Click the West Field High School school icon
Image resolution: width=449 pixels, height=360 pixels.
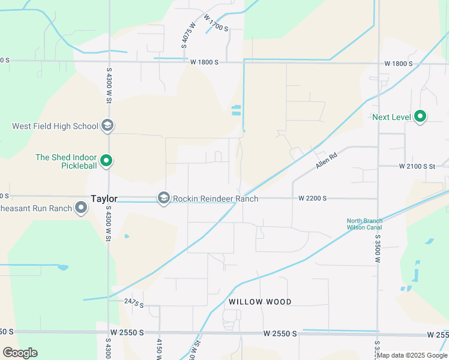pyautogui.click(x=107, y=126)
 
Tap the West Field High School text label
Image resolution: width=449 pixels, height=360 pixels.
pyautogui.click(x=55, y=126)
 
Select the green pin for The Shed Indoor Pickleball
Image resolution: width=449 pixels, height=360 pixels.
pyautogui.click(x=106, y=161)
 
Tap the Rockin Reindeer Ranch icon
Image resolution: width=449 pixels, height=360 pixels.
pyautogui.click(x=163, y=198)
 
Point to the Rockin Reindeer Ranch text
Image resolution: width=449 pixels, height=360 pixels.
pyautogui.click(x=216, y=199)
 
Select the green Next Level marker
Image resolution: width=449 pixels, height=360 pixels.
pyautogui.click(x=420, y=116)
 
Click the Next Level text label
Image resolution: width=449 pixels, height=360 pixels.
pyautogui.click(x=391, y=117)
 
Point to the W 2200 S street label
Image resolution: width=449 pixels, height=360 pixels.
pyautogui.click(x=312, y=198)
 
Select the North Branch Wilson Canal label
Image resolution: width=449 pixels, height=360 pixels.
pyautogui.click(x=364, y=224)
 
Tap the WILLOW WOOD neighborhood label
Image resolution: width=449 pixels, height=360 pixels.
pyautogui.click(x=260, y=302)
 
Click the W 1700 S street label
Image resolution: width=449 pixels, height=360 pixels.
pyautogui.click(x=216, y=24)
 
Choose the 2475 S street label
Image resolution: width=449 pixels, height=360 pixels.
pyautogui.click(x=134, y=304)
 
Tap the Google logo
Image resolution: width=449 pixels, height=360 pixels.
pyautogui.click(x=20, y=353)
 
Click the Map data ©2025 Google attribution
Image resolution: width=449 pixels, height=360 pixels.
pyautogui.click(x=412, y=355)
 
